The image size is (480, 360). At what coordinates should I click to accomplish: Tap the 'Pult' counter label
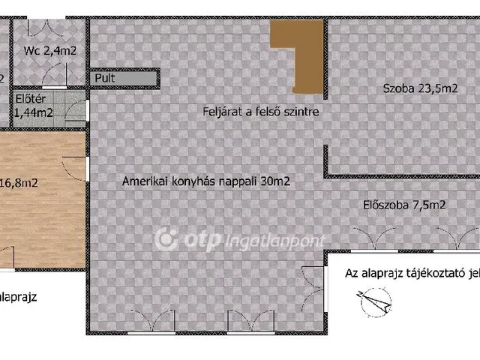pyautogui.click(x=104, y=77)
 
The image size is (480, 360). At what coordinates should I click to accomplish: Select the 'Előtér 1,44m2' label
pyautogui.click(x=34, y=106)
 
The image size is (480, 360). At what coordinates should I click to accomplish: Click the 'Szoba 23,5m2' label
pyautogui.click(x=420, y=88)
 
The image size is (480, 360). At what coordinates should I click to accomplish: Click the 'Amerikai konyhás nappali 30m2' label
pyautogui.click(x=206, y=181)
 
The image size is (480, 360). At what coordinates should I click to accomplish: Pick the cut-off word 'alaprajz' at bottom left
pyautogui.click(x=18, y=297)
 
